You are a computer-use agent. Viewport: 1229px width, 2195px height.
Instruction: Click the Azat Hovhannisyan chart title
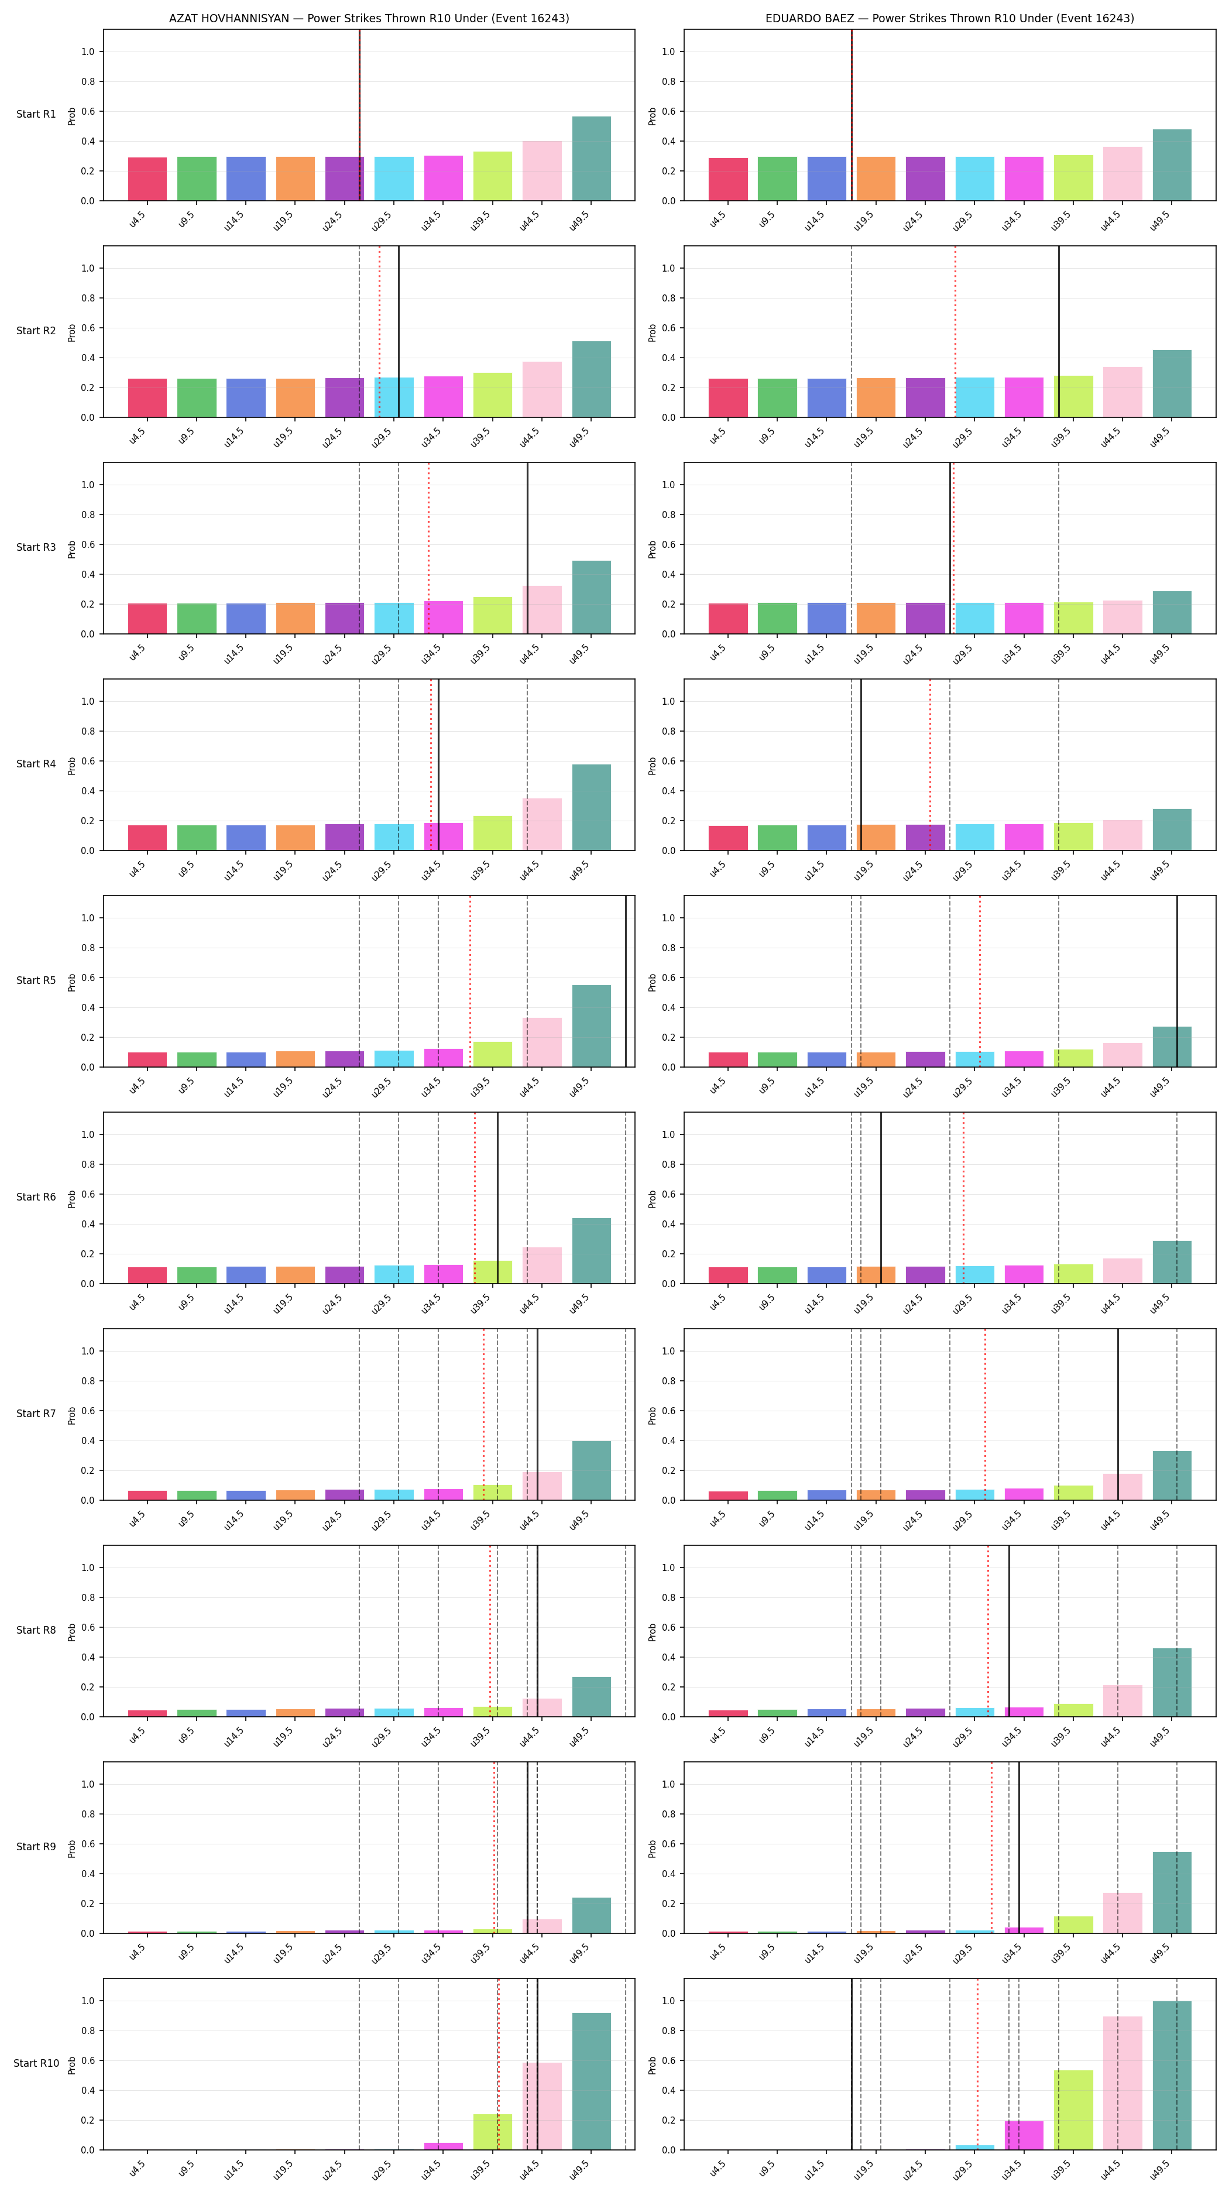pos(369,18)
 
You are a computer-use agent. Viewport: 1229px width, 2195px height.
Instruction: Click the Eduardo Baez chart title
pos(950,18)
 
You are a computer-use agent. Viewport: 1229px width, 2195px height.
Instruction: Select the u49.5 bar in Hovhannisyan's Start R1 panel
pos(591,159)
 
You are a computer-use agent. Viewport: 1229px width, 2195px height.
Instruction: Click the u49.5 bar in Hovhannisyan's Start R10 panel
pos(591,2081)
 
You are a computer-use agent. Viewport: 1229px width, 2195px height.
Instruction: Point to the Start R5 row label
pos(36,980)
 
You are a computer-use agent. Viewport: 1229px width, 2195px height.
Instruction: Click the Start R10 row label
pos(36,2063)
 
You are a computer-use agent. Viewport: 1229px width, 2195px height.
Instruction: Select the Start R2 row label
pos(36,331)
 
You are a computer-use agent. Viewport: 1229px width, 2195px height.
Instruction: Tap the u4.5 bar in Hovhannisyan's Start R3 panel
pos(147,619)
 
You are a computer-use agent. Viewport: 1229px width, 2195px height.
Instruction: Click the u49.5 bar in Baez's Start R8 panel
pos(1172,1682)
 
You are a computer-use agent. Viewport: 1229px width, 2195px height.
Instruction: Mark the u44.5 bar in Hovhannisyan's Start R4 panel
pos(542,824)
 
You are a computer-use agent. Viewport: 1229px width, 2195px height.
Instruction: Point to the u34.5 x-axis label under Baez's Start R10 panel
pos(1011,2169)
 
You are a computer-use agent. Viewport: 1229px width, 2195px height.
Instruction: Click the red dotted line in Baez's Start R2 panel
pos(955,331)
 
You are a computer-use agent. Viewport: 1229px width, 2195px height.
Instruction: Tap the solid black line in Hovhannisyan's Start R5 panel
pos(626,981)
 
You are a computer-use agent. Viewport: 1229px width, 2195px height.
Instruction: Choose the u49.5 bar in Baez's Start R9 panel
pos(1172,1892)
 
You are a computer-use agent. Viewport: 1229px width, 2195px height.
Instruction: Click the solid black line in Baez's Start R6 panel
pos(881,1197)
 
